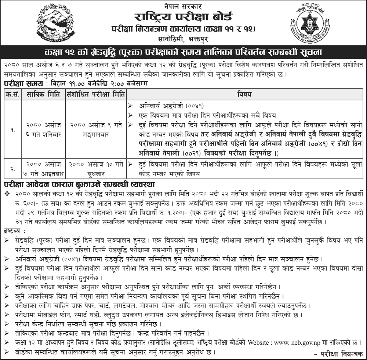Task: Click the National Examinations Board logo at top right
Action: tap(312, 23)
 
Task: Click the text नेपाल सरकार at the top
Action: tap(183, 6)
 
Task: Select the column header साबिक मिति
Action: tap(44, 94)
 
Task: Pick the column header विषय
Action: tap(246, 94)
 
